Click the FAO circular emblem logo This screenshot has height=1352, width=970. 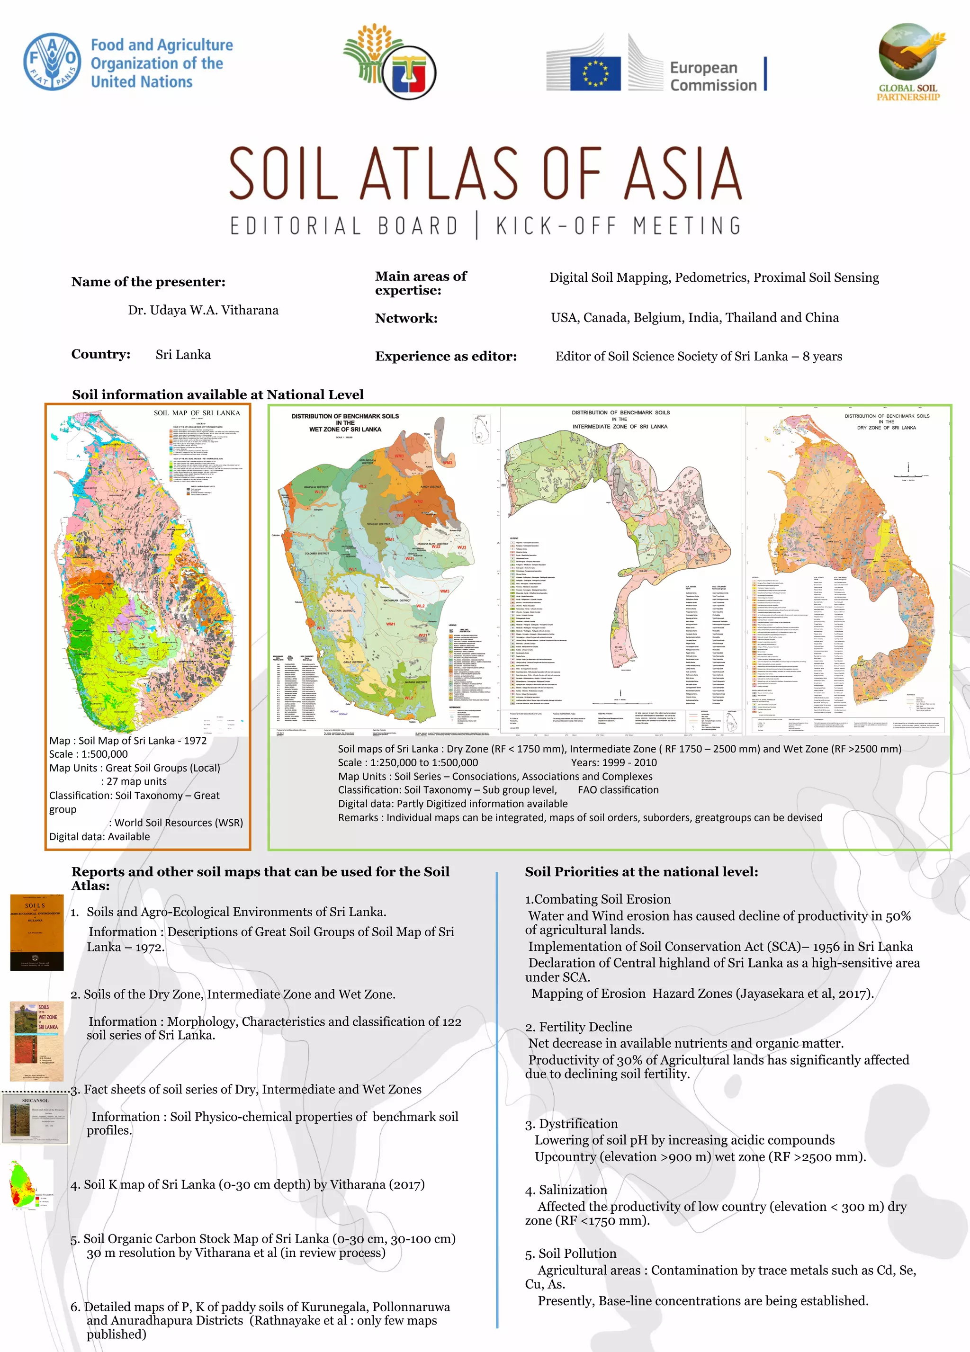[52, 62]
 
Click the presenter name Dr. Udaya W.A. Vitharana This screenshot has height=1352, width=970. [203, 310]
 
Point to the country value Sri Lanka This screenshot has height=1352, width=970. [183, 355]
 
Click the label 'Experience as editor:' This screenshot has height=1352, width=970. [445, 357]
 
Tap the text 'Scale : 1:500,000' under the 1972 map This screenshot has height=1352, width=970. [88, 754]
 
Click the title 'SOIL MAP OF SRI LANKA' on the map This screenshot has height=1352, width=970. [197, 412]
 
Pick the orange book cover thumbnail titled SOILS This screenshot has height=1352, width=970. [36, 933]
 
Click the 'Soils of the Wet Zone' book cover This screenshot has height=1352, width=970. [37, 1041]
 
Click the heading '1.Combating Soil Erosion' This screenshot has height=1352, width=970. [597, 899]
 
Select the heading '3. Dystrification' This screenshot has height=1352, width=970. [571, 1124]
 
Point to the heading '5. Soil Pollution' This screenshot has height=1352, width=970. [571, 1254]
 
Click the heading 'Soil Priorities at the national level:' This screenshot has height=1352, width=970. [641, 871]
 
